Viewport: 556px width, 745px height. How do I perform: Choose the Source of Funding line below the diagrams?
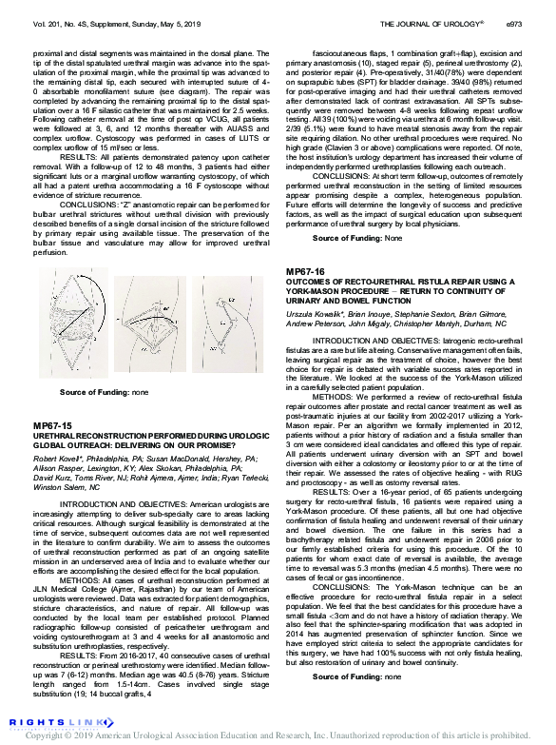pos(103,392)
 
